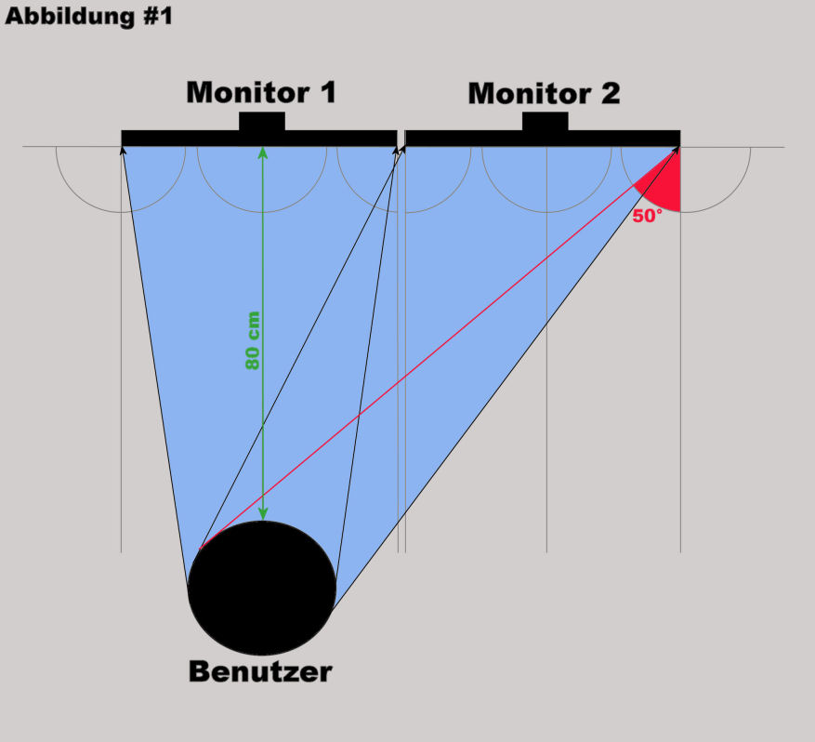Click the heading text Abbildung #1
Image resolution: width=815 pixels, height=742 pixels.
click(88, 17)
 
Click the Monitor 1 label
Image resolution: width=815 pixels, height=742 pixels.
click(261, 93)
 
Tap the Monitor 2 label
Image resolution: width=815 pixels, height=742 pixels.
click(544, 94)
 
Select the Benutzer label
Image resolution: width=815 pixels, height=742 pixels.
click(260, 671)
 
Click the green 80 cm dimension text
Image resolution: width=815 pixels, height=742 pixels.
click(252, 340)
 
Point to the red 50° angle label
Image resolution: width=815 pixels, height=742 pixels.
click(647, 217)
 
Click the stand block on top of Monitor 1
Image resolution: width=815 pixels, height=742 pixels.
click(262, 122)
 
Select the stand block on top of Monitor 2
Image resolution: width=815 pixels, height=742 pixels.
click(545, 122)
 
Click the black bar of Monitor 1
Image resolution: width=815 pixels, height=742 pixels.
click(186, 138)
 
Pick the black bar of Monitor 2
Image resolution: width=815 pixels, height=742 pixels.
click(465, 138)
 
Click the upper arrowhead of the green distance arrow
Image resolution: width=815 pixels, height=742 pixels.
click(263, 151)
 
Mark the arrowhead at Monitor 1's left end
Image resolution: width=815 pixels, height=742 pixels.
click(123, 150)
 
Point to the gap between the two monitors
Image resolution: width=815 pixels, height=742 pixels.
click(401, 138)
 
